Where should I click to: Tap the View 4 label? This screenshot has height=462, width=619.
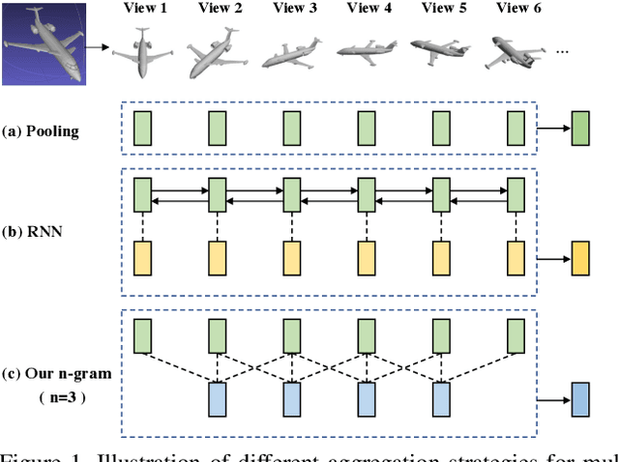coord(368,9)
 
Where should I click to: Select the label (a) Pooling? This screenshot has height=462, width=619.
coord(42,129)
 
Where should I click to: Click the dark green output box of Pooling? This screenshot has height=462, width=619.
coord(579,128)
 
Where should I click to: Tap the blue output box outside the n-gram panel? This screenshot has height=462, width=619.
coord(579,399)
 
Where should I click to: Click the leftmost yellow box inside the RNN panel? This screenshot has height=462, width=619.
coord(142,259)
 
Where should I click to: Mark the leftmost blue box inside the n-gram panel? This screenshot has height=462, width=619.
coord(217,399)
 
